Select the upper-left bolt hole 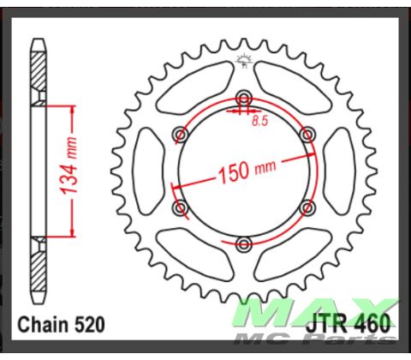tap(179, 134)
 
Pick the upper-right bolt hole tap(307, 134)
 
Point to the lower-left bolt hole tap(179, 208)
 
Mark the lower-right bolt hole tap(307, 208)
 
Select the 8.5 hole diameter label tap(259, 123)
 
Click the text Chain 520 tap(61, 325)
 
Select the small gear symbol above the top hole tap(242, 59)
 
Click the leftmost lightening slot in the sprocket tap(145, 171)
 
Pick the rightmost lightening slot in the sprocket tap(341, 171)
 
